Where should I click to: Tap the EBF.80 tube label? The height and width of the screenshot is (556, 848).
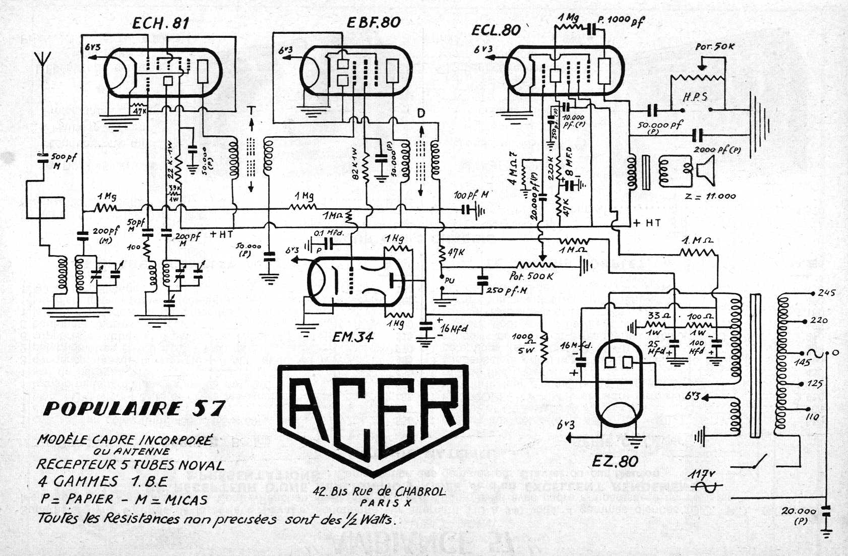pyautogui.click(x=373, y=22)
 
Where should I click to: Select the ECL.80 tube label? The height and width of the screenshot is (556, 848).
pyautogui.click(x=496, y=30)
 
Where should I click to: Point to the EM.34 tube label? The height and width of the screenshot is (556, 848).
pyautogui.click(x=353, y=337)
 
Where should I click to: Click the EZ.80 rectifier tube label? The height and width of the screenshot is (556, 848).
pyautogui.click(x=616, y=461)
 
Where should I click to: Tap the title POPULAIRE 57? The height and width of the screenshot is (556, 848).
pyautogui.click(x=134, y=408)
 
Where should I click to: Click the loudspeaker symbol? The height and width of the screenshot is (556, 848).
pyautogui.click(x=706, y=168)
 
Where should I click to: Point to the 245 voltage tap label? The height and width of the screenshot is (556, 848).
pyautogui.click(x=827, y=293)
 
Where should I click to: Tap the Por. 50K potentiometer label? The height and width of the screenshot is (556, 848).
pyautogui.click(x=714, y=46)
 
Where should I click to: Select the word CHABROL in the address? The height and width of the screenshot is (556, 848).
pyautogui.click(x=420, y=492)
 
